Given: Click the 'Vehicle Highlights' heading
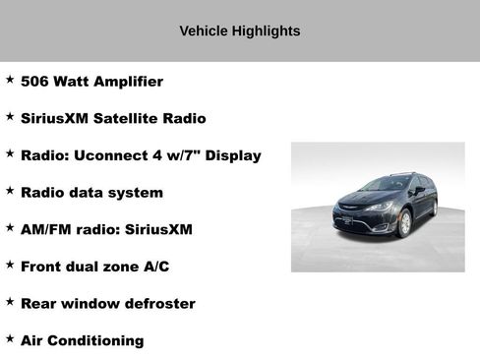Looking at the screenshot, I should click(x=239, y=30).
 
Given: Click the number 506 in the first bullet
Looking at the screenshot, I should click(x=35, y=82).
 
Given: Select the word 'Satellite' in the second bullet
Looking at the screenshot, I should click(x=128, y=119).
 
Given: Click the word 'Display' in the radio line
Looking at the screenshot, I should click(x=232, y=155).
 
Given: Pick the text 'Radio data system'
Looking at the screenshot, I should click(x=91, y=193).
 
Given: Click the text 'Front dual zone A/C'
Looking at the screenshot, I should click(x=97, y=267).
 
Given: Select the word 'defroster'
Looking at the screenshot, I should click(x=159, y=304).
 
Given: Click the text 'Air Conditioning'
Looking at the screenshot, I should click(x=82, y=340).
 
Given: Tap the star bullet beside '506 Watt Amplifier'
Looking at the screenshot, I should click(x=10, y=80).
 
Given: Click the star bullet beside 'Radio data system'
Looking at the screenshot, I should click(x=10, y=191).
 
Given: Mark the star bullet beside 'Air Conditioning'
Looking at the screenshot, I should click(x=10, y=338).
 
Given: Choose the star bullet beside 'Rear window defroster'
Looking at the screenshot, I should click(x=10, y=302).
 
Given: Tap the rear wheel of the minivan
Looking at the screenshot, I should click(x=434, y=208).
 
